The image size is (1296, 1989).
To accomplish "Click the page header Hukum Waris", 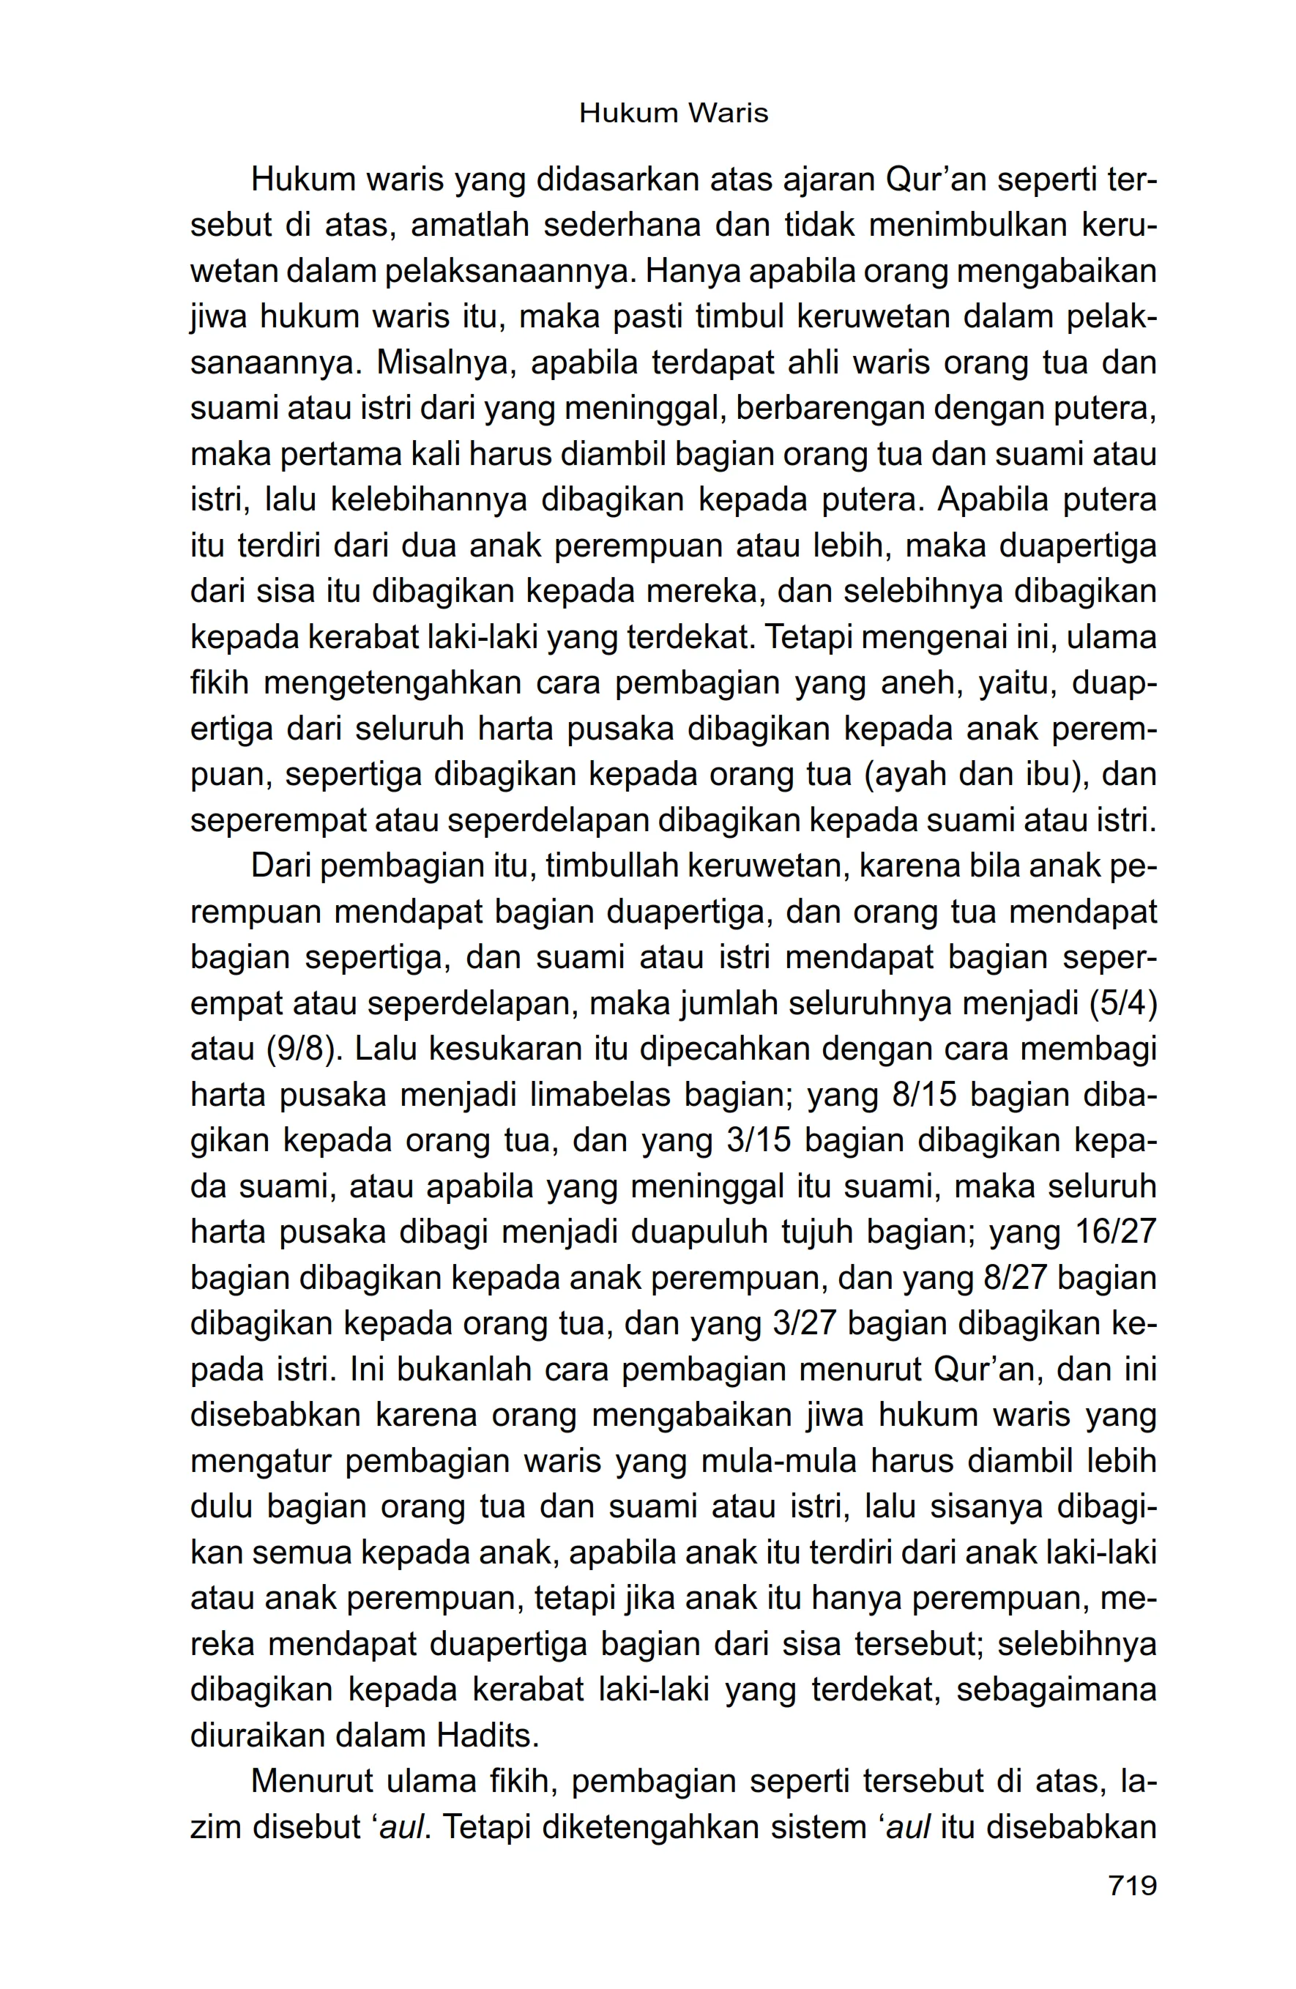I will click(673, 113).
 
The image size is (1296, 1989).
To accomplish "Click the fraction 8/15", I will click(923, 1094).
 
